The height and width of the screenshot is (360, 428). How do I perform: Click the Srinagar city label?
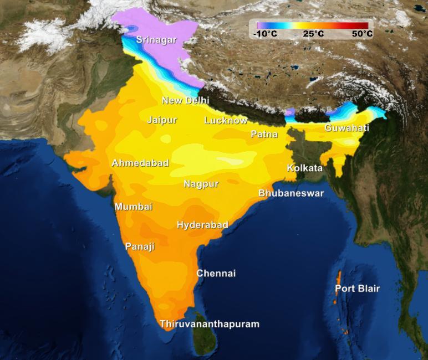click(x=156, y=40)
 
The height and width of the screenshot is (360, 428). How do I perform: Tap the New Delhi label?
click(x=185, y=100)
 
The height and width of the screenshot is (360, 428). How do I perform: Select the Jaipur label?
click(x=162, y=120)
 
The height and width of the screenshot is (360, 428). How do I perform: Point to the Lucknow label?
click(x=226, y=120)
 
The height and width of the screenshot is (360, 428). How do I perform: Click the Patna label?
click(x=264, y=134)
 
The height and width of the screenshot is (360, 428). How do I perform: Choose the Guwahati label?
click(x=347, y=128)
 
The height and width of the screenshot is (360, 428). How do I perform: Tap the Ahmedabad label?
click(x=140, y=163)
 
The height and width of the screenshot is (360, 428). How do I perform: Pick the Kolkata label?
click(x=304, y=168)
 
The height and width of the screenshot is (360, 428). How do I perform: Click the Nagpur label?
click(x=201, y=183)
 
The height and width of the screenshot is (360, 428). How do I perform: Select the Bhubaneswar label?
click(x=291, y=193)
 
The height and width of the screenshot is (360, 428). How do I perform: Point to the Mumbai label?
click(x=133, y=207)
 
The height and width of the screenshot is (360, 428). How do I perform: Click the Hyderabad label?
click(x=202, y=224)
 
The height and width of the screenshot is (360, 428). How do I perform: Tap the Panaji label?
click(x=140, y=246)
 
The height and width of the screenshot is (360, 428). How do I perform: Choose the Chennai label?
click(x=216, y=273)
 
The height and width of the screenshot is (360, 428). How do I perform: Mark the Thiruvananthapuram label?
click(x=209, y=324)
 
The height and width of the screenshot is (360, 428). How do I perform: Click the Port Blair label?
click(x=357, y=289)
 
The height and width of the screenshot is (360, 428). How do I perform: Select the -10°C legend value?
click(x=264, y=34)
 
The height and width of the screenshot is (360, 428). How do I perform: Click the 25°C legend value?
click(x=313, y=34)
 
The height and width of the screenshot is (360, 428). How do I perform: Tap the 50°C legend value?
click(x=362, y=34)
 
